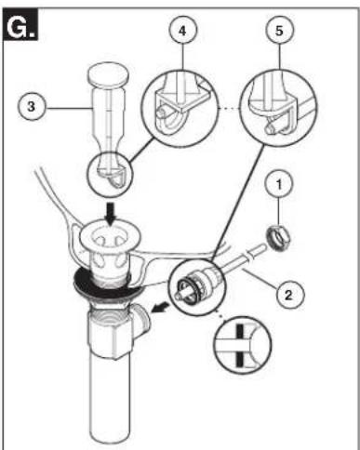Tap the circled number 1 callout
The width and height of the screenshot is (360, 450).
tap(279, 185)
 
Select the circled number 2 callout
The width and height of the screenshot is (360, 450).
tap(289, 295)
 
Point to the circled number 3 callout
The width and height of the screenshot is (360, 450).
tap(31, 107)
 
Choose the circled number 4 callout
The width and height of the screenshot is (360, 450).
tap(182, 31)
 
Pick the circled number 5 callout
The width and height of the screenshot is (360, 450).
tap(279, 31)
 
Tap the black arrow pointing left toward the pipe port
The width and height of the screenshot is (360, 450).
tap(160, 309)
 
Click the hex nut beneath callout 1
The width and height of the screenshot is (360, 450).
tap(279, 239)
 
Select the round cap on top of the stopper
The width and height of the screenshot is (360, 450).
tap(108, 75)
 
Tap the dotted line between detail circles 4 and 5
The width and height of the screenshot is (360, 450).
tap(229, 108)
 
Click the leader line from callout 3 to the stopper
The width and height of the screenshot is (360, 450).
tap(69, 108)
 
